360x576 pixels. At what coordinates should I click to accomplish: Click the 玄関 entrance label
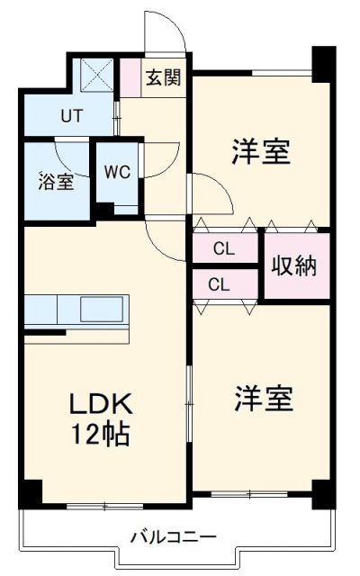coord(163,76)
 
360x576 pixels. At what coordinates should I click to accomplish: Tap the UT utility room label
coord(72,115)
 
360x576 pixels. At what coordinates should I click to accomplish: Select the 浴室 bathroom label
coord(56,181)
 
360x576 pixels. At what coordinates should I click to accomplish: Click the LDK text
coord(98,402)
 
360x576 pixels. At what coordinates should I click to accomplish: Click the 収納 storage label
coord(295,266)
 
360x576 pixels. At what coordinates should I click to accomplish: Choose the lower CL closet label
coord(219,284)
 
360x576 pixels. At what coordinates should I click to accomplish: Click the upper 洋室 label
coord(260,152)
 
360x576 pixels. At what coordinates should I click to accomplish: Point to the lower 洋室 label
coord(265,398)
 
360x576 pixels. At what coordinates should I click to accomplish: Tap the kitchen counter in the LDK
coord(76,310)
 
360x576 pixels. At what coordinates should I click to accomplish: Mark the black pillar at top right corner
coord(321,64)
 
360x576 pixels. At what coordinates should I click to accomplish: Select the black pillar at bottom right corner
coord(321,493)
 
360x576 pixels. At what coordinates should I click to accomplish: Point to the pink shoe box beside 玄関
coord(131,76)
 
